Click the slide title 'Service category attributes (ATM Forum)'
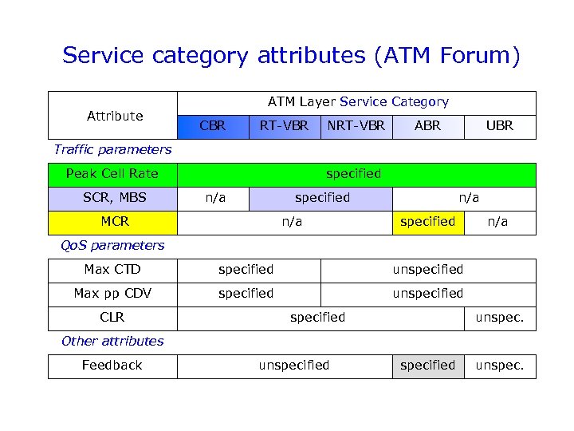pyautogui.click(x=291, y=56)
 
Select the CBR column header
pyautogui.click(x=212, y=126)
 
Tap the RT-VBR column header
pyautogui.click(x=284, y=126)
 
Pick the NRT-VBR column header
pyautogui.click(x=356, y=126)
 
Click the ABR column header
pyautogui.click(x=428, y=126)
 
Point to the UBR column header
pyautogui.click(x=500, y=126)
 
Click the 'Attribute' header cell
pyautogui.click(x=114, y=116)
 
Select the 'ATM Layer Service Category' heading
pyautogui.click(x=358, y=102)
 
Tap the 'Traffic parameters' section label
pyautogui.click(x=112, y=149)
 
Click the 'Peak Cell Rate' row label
pyautogui.click(x=112, y=174)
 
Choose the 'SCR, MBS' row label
pyautogui.click(x=112, y=198)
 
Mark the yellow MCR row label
pyautogui.click(x=112, y=222)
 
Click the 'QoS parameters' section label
pyautogui.click(x=112, y=246)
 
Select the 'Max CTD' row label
pyautogui.click(x=112, y=270)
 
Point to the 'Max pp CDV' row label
pyautogui.click(x=112, y=294)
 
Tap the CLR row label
pyautogui.click(x=112, y=318)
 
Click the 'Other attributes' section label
pyautogui.click(x=112, y=342)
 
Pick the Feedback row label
pyautogui.click(x=112, y=366)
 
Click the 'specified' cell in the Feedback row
pyautogui.click(x=428, y=366)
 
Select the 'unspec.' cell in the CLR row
pyautogui.click(x=500, y=318)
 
